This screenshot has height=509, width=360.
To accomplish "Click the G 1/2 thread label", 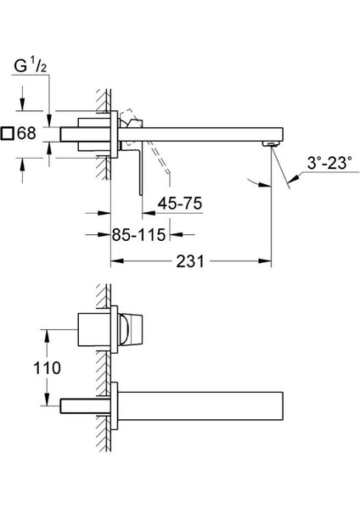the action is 31,66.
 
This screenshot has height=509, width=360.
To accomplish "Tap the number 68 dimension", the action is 26,133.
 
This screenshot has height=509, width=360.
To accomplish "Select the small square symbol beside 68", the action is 7,133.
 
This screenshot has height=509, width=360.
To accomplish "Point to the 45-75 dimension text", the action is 180,204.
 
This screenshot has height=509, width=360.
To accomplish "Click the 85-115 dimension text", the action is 138,234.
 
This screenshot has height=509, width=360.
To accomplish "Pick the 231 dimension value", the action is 190,261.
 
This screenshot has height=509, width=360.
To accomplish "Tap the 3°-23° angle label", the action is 329,163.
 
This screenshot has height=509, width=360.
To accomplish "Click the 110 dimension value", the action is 47,368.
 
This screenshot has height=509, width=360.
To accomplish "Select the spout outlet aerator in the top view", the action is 271,144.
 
